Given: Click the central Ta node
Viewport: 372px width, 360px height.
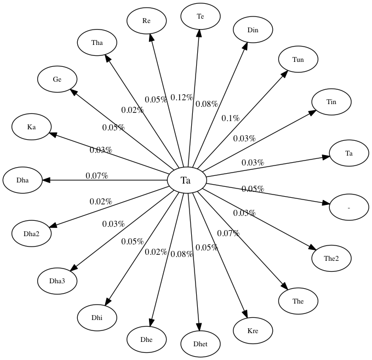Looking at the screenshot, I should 186,180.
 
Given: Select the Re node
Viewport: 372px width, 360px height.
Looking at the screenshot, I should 146,21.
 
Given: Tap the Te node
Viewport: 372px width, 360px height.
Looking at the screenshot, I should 201,16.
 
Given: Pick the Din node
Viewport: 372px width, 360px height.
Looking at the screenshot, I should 253,30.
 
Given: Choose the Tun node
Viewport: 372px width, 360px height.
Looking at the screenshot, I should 298,59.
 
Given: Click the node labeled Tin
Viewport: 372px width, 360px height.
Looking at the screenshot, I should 331,101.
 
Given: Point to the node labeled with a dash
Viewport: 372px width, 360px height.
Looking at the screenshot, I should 349,208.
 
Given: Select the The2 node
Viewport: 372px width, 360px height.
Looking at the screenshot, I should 331,258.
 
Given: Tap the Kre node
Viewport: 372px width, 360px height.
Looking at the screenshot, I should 253,331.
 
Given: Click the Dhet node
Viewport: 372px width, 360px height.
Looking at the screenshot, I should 201,344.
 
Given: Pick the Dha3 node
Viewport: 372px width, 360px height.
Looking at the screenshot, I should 58,281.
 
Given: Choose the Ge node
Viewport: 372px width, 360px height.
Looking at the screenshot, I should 57,79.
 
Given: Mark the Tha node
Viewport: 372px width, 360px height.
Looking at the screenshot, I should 97,43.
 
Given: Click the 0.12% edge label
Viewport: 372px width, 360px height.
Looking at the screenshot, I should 181,98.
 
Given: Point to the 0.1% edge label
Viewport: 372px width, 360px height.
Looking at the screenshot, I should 230,118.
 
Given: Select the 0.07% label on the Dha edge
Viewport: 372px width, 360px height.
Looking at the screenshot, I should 96,176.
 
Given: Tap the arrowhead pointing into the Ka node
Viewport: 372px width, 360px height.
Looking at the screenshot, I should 53,133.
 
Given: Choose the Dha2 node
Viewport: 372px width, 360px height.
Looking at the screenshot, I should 32,233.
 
